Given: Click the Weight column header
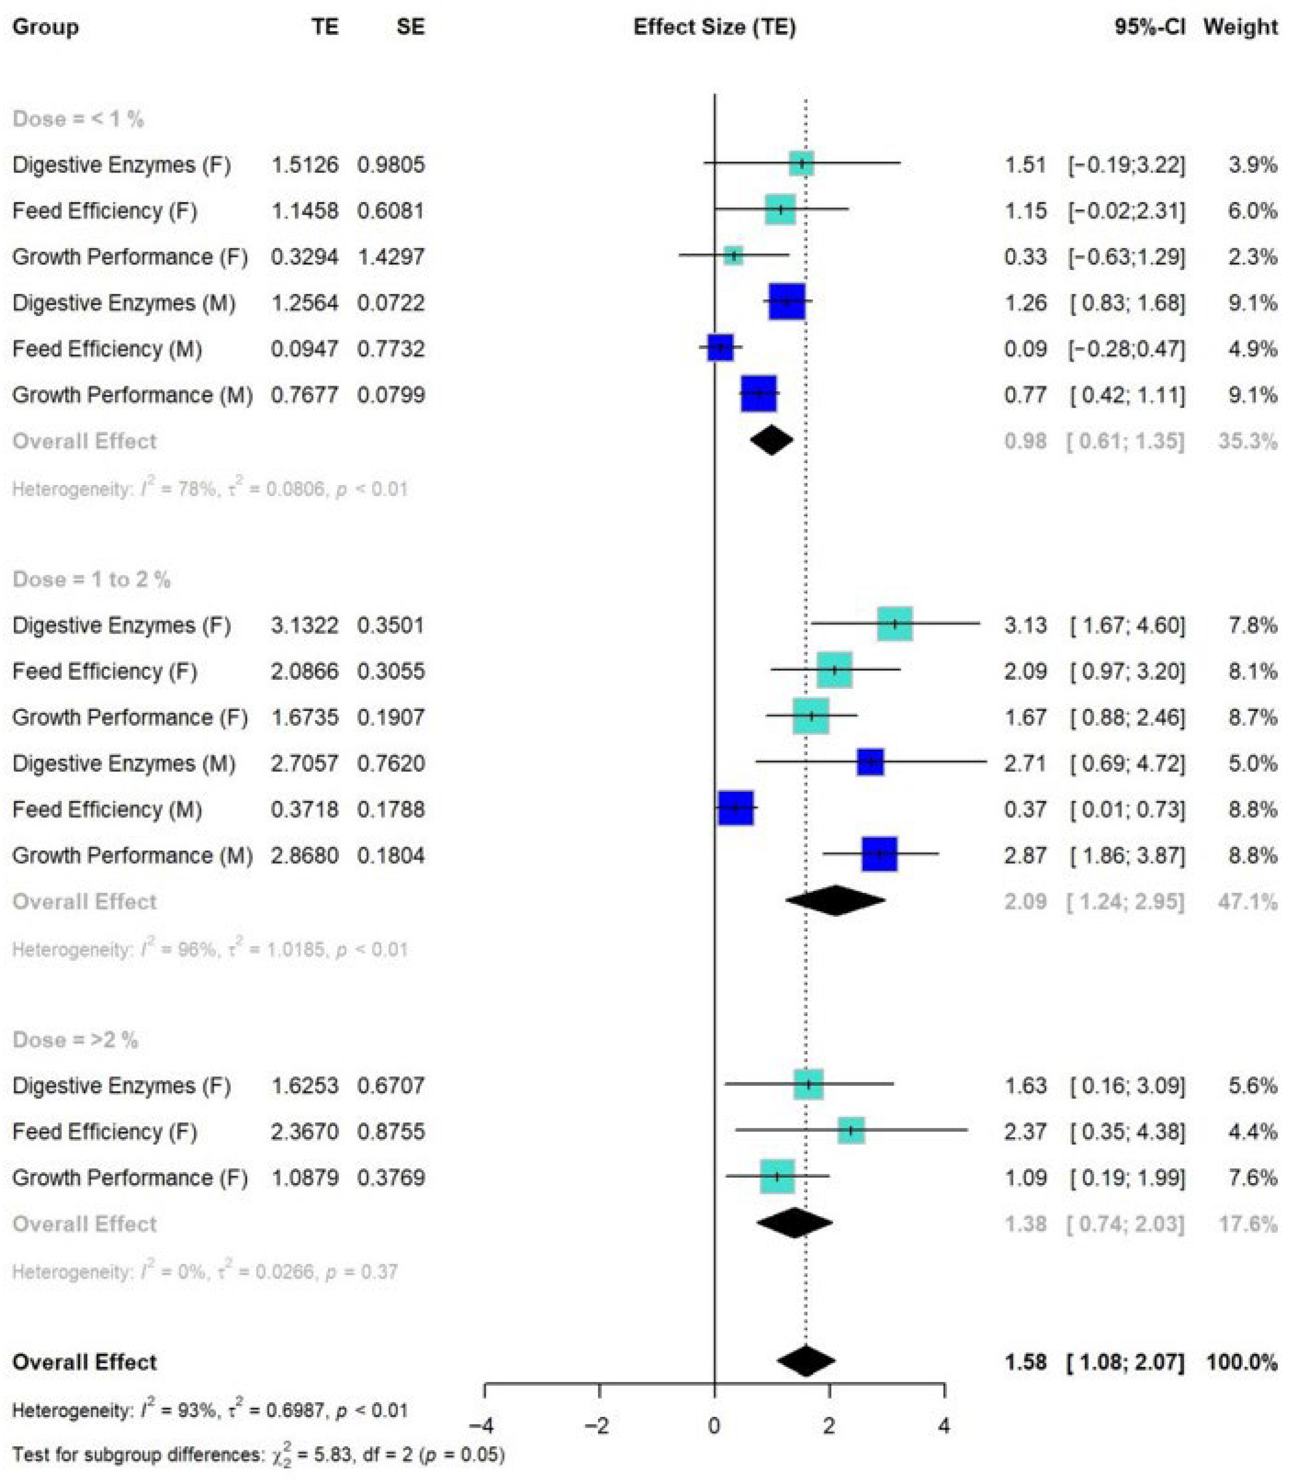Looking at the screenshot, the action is coord(1240,28).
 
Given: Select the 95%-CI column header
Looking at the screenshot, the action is coord(1149,28).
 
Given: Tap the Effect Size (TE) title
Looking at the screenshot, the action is coord(714,28).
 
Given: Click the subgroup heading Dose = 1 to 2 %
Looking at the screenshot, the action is coord(92,580).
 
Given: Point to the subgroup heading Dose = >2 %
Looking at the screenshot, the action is coord(76,1041).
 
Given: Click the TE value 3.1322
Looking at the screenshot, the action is coord(305,625).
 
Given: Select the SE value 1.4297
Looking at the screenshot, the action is coord(391,257).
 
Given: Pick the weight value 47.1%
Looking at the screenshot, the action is coord(1247,902).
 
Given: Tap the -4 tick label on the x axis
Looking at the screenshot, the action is coord(481,1426).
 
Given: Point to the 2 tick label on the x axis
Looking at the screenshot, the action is coord(829,1426).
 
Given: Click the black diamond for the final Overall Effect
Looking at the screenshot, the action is coord(806,1362).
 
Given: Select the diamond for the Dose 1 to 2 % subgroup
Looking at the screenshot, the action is coord(835,901).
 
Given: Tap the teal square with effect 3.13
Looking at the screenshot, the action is coord(895,624).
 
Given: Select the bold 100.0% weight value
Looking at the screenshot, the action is coord(1241,1362).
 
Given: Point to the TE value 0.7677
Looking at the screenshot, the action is coord(305,395).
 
